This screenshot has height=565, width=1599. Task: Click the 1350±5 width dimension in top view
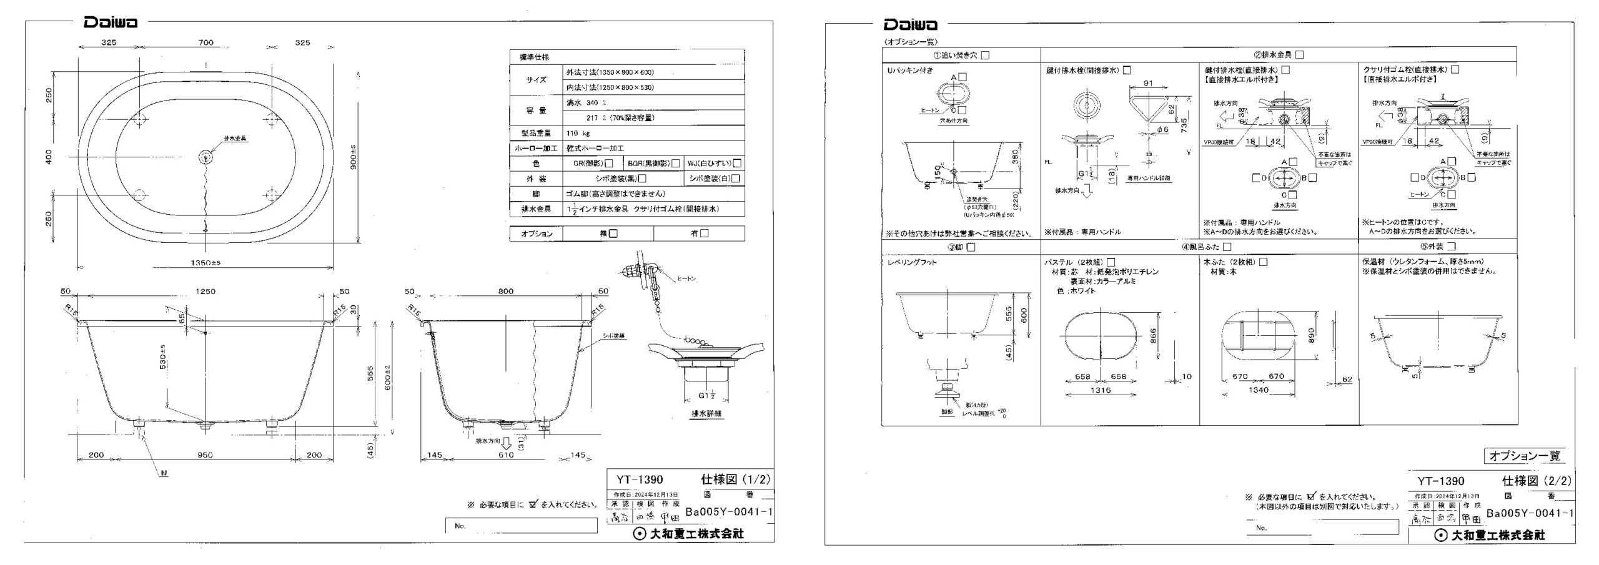(205, 263)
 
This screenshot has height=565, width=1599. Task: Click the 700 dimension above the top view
(205, 43)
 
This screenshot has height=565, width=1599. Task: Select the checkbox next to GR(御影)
(609, 164)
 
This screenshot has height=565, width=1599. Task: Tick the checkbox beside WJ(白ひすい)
(737, 164)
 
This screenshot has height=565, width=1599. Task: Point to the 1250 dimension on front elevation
(205, 292)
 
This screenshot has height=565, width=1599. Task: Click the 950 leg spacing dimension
(205, 455)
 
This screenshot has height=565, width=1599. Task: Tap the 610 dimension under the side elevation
(506, 455)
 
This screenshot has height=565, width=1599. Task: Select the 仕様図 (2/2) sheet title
(1536, 481)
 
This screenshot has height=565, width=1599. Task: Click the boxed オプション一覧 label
(1525, 456)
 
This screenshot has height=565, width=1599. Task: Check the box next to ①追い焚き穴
(986, 56)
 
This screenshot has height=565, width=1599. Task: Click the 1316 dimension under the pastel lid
(1100, 390)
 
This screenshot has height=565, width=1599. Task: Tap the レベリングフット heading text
(912, 263)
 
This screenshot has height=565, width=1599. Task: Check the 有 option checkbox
(705, 233)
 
